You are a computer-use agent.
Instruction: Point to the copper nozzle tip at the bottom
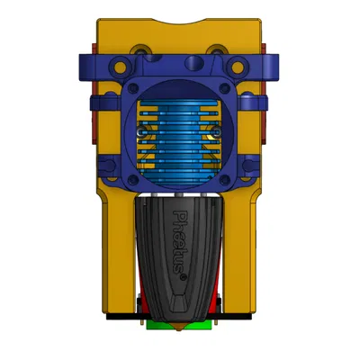[x=180, y=329]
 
